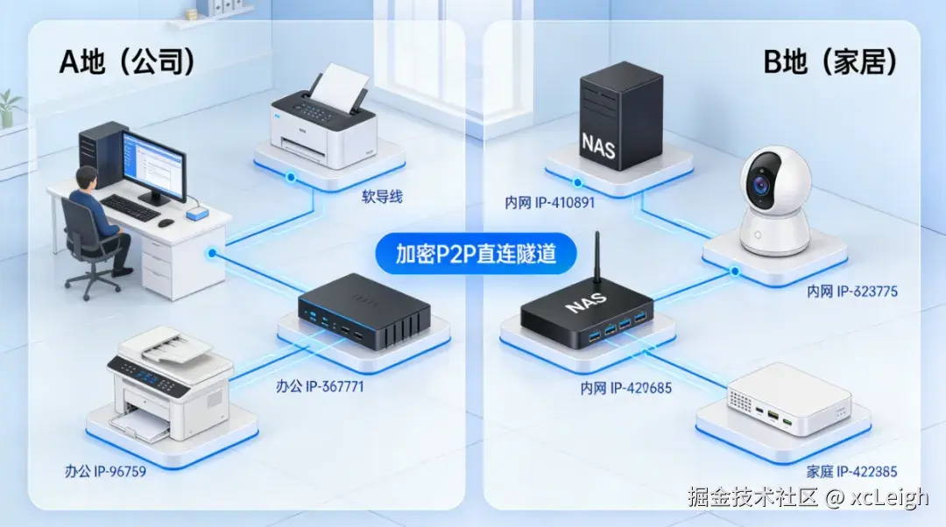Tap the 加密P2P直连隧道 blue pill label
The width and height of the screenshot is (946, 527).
click(x=475, y=254)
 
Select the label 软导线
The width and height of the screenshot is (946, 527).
click(x=382, y=197)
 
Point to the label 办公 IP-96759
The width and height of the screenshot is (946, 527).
click(x=105, y=472)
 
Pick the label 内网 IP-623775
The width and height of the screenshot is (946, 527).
click(x=851, y=292)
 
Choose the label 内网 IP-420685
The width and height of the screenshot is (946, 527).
click(x=625, y=387)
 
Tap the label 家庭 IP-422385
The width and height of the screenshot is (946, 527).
click(x=852, y=472)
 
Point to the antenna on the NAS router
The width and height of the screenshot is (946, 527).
click(x=597, y=258)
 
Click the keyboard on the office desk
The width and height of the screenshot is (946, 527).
click(x=131, y=207)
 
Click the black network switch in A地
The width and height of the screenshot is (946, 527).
click(x=364, y=311)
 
